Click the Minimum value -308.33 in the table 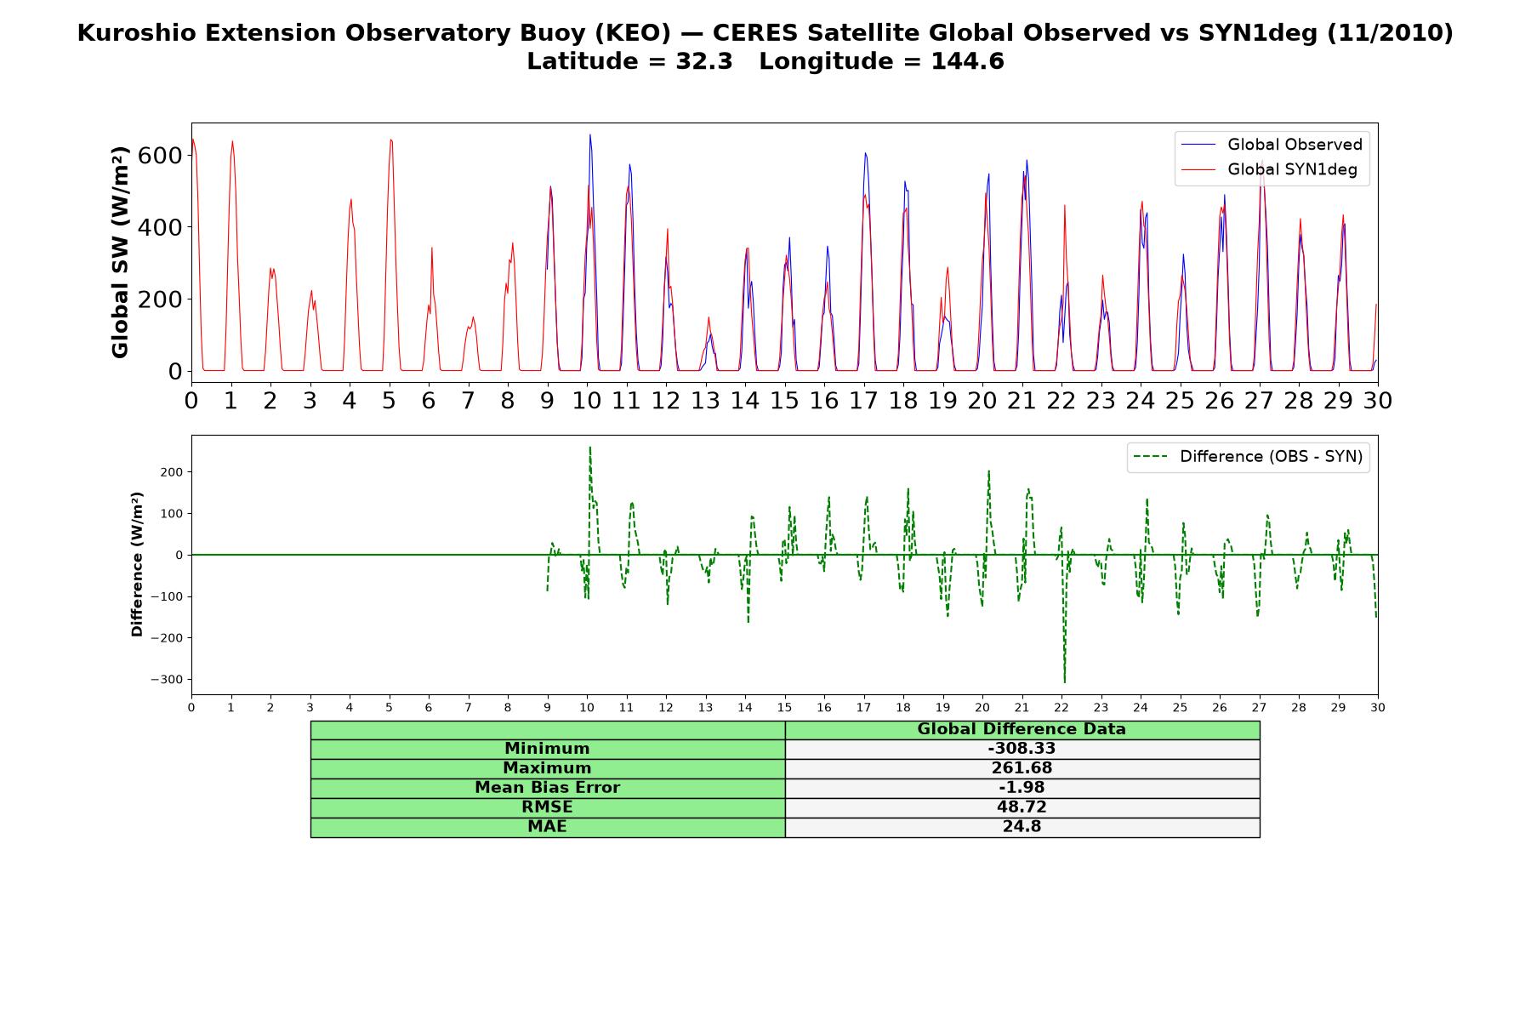point(1022,749)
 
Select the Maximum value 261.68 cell point(1022,768)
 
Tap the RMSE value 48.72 point(1022,807)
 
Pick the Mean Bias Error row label point(547,788)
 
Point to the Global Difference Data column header point(1022,729)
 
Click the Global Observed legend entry point(1272,145)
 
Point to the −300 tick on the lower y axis point(167,680)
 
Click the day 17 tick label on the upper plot point(863,400)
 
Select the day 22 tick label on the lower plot point(1061,707)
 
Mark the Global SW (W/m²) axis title point(121,252)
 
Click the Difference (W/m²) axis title point(137,564)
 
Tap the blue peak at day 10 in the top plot point(589,134)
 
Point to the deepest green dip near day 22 point(1064,682)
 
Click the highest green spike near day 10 point(589,447)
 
